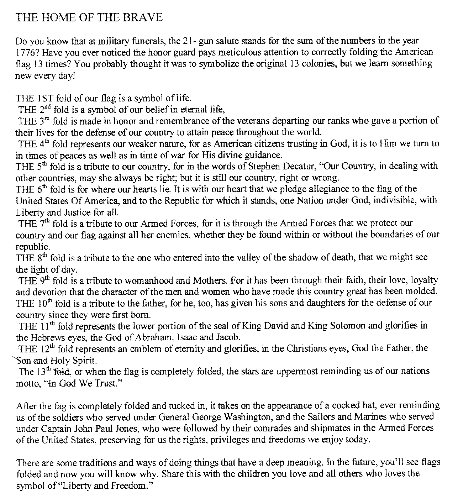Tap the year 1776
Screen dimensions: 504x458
tap(25, 52)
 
